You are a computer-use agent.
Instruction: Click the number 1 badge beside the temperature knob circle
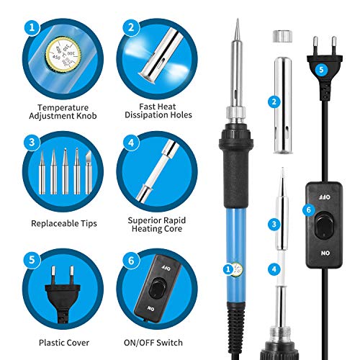[x=32, y=27]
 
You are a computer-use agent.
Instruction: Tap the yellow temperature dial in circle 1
[x=63, y=54]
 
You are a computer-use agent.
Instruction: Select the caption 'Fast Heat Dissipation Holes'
[x=158, y=111]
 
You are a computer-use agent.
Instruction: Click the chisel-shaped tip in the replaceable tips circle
[x=89, y=172]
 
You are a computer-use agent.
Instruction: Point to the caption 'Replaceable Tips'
[x=64, y=223]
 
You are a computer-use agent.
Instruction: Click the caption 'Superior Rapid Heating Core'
[x=157, y=225]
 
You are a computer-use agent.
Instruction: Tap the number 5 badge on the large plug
[x=321, y=70]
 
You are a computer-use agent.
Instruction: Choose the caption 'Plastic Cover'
[x=64, y=343]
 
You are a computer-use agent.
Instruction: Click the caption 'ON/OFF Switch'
[x=153, y=343]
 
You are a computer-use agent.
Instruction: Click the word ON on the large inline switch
[x=325, y=253]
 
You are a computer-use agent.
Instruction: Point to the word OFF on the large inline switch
[x=324, y=197]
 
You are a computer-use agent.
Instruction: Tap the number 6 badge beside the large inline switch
[x=309, y=210]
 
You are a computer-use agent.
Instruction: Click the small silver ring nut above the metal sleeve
[x=282, y=36]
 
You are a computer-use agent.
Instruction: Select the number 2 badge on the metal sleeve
[x=274, y=102]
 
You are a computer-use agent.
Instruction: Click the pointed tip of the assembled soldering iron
[x=238, y=19]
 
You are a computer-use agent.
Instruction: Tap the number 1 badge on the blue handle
[x=228, y=269]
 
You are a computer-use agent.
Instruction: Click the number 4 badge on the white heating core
[x=274, y=269]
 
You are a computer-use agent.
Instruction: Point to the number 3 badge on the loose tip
[x=274, y=225]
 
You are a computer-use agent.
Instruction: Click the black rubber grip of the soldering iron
[x=235, y=178]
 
